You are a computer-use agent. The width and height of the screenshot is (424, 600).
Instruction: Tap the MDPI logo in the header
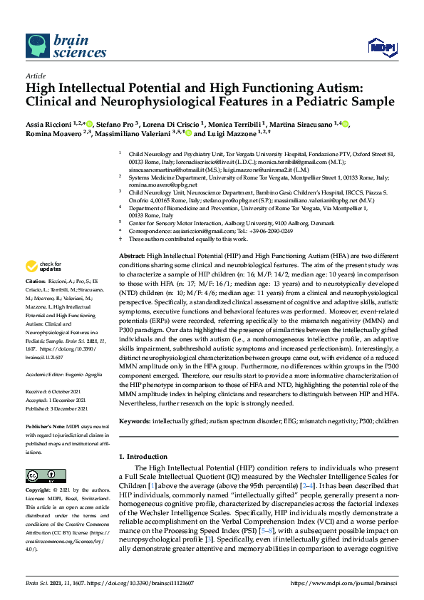coord(382,48)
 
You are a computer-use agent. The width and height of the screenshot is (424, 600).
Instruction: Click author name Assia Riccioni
coord(51,124)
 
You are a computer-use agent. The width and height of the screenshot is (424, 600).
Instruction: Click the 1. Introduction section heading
coord(148,455)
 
